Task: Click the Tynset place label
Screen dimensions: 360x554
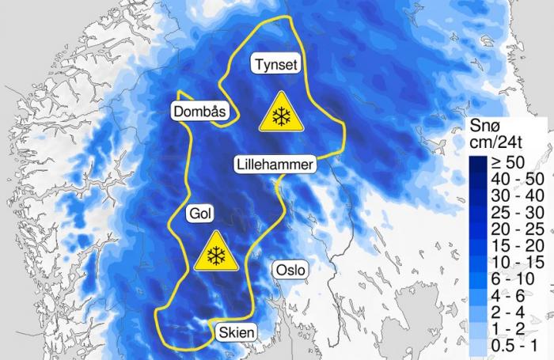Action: point(276,64)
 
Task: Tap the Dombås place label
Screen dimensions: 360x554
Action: point(199,112)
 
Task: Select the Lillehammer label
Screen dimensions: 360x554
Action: point(275,165)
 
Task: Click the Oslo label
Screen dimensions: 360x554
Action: point(289,270)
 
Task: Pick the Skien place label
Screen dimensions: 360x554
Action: point(236,333)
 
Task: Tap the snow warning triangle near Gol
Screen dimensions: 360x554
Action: point(214,253)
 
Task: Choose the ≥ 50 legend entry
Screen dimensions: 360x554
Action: point(507,162)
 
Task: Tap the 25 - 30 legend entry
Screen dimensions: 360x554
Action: point(511,213)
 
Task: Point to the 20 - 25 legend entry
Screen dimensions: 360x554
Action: point(511,229)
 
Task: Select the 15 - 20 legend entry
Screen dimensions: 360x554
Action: point(511,246)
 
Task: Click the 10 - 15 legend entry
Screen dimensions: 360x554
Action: point(511,263)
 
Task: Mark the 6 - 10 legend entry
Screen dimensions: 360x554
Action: point(511,280)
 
